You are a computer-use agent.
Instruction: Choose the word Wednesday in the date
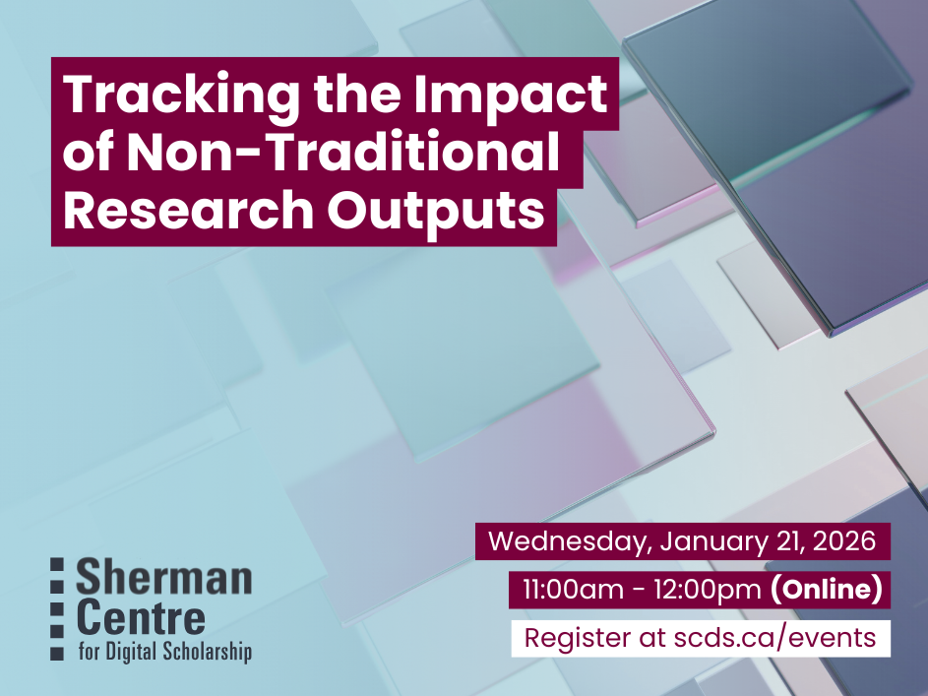tap(569, 541)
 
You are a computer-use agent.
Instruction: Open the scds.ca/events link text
tap(777, 638)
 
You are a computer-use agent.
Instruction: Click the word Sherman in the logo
tap(163, 578)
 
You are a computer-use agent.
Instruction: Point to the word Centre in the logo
tap(141, 618)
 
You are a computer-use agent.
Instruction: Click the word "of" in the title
tap(92, 154)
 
